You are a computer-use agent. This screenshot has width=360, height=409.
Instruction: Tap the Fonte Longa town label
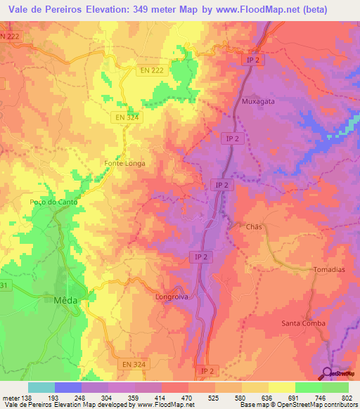tap(124, 163)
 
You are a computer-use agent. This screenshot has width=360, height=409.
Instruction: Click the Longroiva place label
tap(172, 297)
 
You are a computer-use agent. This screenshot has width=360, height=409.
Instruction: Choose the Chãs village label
tap(254, 227)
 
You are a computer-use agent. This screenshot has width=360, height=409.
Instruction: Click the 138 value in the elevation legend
tap(28, 398)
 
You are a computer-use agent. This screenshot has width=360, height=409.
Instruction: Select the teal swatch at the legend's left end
tap(41, 387)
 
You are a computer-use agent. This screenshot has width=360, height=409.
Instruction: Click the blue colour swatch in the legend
tap(68, 387)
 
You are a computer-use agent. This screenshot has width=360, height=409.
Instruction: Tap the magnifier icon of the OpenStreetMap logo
tap(328, 372)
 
